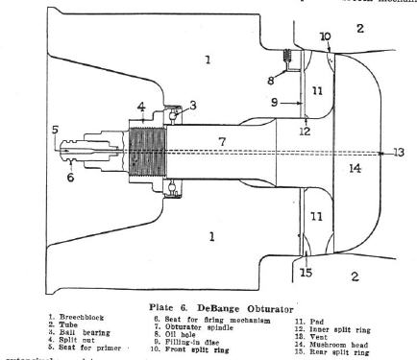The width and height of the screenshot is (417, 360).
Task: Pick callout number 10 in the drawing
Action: click(325, 36)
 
